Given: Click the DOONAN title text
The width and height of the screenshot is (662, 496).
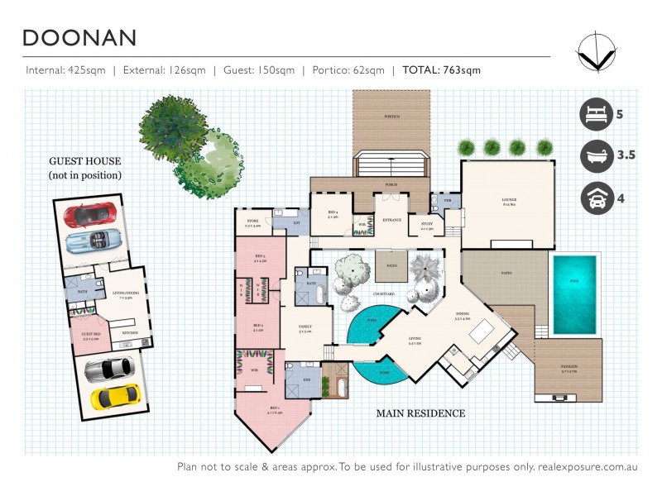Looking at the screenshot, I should (79, 38).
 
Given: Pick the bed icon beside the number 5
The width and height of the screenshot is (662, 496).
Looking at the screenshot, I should (596, 113).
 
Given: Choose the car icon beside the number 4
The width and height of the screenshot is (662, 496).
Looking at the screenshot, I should (596, 198).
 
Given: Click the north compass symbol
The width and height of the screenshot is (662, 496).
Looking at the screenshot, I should (597, 50).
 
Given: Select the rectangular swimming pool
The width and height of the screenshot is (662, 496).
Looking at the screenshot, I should (574, 294).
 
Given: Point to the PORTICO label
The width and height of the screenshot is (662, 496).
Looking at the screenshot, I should (391, 117).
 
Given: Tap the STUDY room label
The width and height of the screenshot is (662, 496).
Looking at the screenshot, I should (427, 224).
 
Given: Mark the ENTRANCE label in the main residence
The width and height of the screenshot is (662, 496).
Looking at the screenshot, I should (391, 219).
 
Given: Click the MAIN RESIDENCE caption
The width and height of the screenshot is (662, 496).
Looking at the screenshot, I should (420, 413).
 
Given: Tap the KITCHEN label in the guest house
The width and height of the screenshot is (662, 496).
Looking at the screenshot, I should (129, 334).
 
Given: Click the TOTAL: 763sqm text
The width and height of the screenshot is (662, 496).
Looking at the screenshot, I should (441, 70).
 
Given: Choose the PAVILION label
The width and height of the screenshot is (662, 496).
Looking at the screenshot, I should (568, 365).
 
